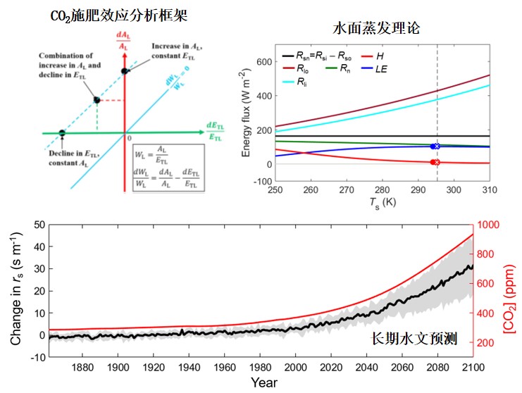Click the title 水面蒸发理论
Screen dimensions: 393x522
[376, 29]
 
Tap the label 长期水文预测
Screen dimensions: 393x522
[414, 339]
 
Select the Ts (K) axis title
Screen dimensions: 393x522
[380, 203]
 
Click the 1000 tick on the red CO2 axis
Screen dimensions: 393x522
[491, 225]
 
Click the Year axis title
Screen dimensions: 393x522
[264, 383]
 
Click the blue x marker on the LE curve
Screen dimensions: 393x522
[437, 146]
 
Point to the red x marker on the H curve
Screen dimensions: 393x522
[437, 162]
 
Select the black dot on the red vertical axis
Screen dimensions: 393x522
[125, 70]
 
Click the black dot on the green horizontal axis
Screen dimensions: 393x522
[61, 132]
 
